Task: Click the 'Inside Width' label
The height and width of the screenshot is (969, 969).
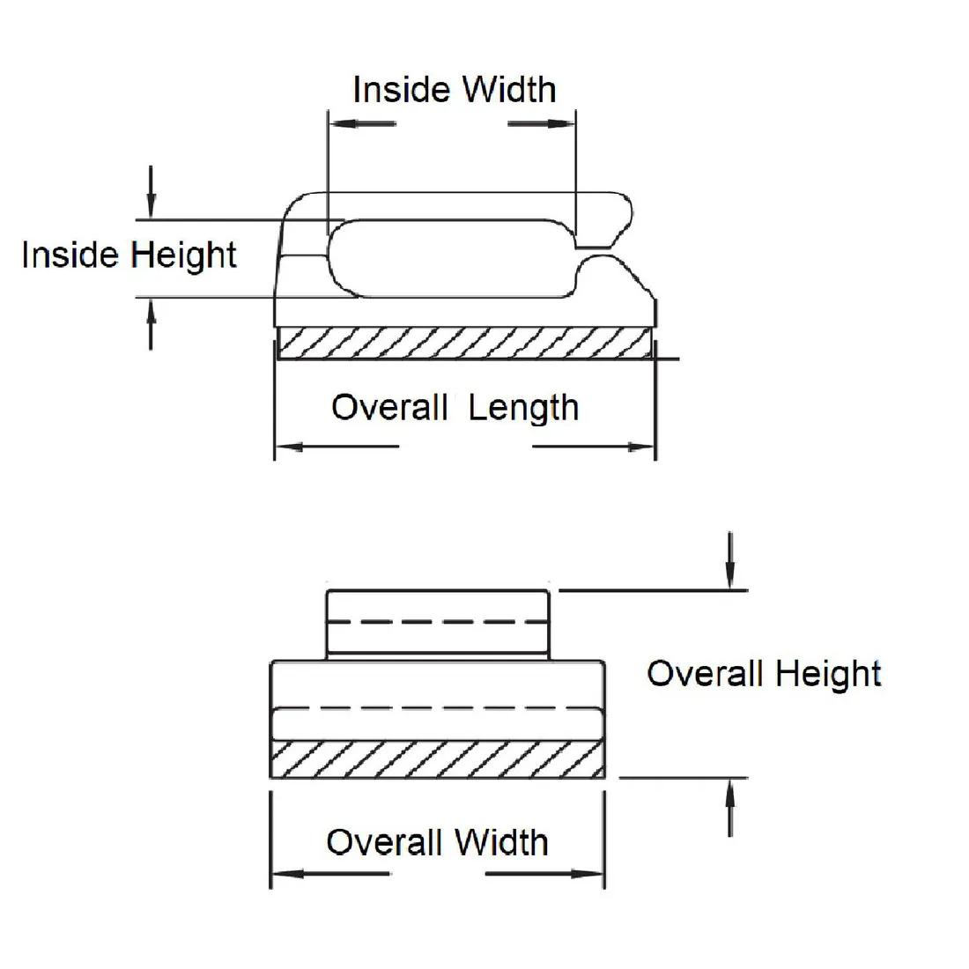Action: coord(454,89)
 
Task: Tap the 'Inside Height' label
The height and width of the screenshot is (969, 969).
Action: coord(129,255)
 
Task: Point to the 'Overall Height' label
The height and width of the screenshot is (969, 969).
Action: coord(764,674)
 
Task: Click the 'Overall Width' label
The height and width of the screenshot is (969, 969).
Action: coord(437,842)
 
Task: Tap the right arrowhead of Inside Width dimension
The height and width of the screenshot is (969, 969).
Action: coord(566,123)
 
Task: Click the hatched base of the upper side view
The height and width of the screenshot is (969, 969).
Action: coord(464,343)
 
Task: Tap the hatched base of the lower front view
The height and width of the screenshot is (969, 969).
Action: coord(437,759)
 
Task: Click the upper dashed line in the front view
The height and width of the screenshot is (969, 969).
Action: coord(438,622)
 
